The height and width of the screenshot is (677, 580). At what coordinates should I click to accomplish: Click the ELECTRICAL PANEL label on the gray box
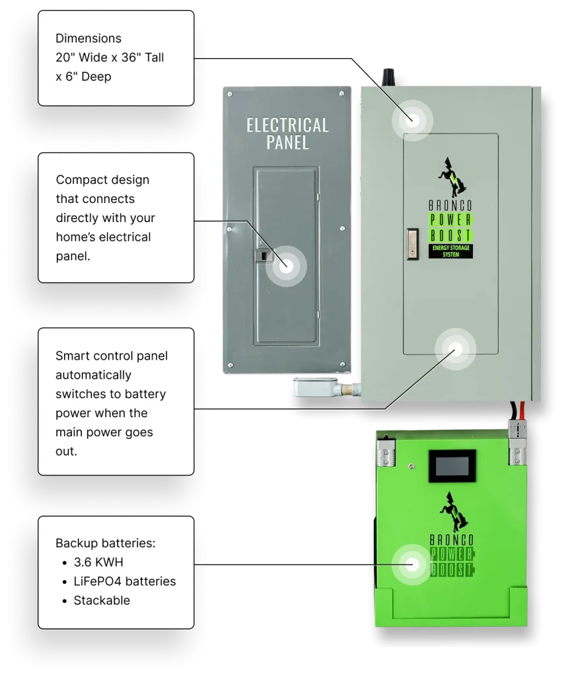point(287,133)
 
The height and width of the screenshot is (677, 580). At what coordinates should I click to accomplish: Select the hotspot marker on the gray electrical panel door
point(286,265)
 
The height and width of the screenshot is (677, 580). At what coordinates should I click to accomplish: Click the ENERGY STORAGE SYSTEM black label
point(451,251)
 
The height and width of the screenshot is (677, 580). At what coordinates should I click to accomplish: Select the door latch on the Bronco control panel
point(412,243)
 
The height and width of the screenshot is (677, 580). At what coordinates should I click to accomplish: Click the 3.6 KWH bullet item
point(98,563)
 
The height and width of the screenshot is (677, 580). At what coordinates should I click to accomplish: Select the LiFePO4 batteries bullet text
point(124,582)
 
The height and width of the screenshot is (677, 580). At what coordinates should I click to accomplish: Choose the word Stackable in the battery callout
point(102,601)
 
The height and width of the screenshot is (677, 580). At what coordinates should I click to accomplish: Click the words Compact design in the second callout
point(102,180)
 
